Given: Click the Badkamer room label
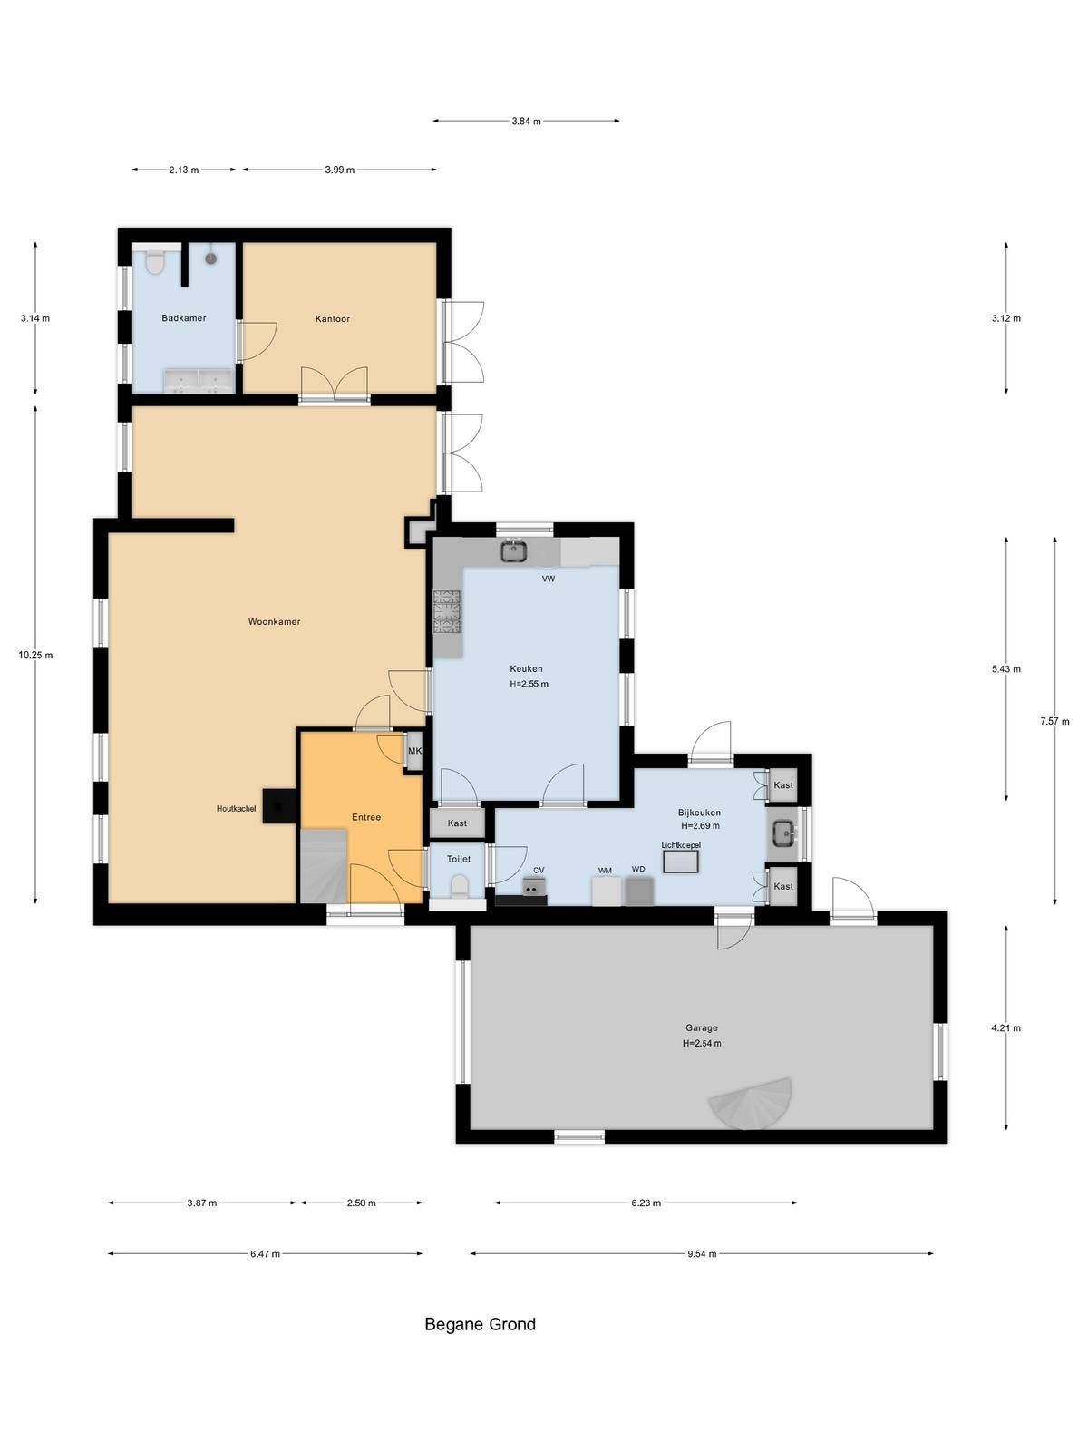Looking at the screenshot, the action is click(x=184, y=318).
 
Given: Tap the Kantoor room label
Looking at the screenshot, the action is click(x=332, y=318).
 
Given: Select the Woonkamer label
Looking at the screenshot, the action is click(x=274, y=621).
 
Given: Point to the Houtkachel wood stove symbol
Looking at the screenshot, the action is click(x=279, y=806).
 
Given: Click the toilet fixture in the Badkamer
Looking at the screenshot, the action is click(x=154, y=261).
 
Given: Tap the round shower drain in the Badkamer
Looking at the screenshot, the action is click(x=210, y=258).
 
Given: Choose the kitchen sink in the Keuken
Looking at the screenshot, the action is click(x=512, y=550).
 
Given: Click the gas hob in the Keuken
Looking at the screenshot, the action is click(x=447, y=611).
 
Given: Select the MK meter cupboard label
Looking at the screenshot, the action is click(x=414, y=751).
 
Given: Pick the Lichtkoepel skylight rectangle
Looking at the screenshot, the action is click(x=680, y=862).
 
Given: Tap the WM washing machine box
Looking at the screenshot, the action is click(x=606, y=891).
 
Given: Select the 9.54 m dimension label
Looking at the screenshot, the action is click(x=702, y=1253).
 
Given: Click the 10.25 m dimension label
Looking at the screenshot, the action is click(x=35, y=655).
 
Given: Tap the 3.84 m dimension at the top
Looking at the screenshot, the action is click(x=527, y=121).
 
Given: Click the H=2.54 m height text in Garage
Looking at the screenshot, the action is click(x=702, y=1043).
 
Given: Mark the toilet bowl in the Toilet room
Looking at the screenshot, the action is click(x=459, y=885).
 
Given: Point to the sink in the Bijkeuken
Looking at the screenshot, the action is click(x=784, y=833).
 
